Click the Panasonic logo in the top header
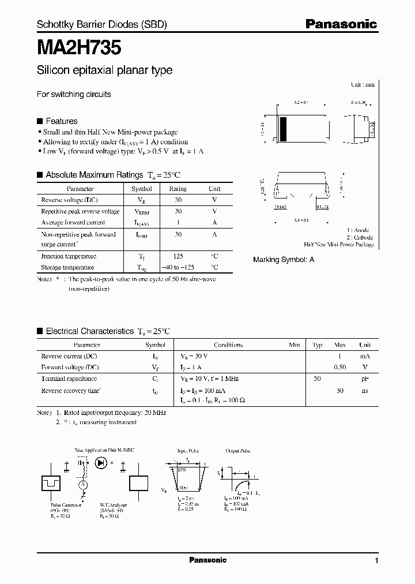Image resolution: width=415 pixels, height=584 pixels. coord(341,24)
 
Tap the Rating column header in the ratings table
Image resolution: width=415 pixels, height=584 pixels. coord(178,189)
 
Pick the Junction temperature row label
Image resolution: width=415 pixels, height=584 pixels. coord(69,256)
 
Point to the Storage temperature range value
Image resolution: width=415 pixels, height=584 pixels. coord(178,268)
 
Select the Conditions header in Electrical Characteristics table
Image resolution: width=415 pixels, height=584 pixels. coord(228,345)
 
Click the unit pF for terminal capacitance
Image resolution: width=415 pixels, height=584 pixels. coord(365,379)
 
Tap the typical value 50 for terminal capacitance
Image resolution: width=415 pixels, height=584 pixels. coord(317,379)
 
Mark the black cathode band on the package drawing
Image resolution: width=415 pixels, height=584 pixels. coord(283,128)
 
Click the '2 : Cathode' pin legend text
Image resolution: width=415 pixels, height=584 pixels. coord(360,238)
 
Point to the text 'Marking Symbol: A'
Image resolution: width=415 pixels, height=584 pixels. coord(284,260)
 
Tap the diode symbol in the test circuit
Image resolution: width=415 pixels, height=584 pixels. coord(101,462)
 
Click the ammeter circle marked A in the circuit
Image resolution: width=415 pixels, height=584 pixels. coord(82,486)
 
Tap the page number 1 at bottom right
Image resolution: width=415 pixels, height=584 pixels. coord(376,561)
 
